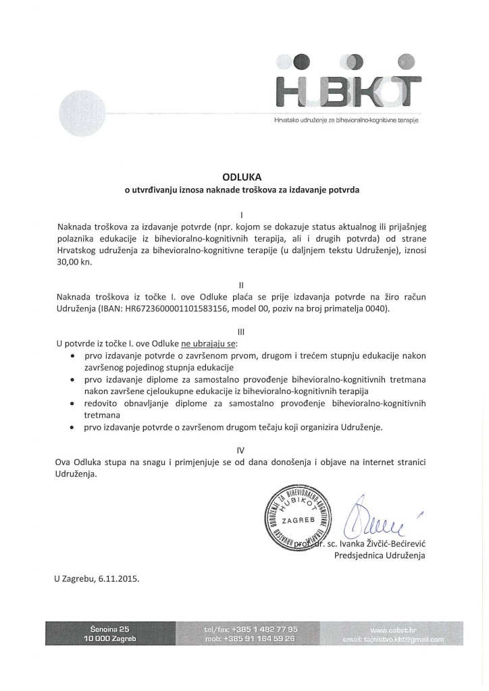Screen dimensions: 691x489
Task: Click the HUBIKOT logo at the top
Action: click(x=348, y=88)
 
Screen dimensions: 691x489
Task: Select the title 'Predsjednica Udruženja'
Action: click(x=381, y=556)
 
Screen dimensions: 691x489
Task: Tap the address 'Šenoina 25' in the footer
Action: click(x=110, y=629)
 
